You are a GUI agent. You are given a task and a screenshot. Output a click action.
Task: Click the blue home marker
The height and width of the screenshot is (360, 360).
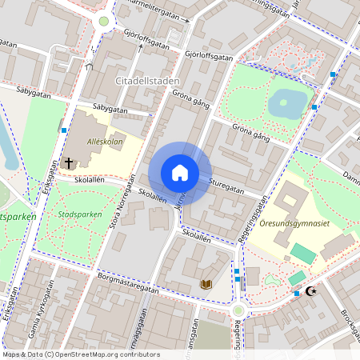(180, 172)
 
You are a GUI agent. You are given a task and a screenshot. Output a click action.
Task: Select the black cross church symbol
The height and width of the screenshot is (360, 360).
(69, 163)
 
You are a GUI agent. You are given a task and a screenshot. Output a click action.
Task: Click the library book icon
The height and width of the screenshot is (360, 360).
(206, 284)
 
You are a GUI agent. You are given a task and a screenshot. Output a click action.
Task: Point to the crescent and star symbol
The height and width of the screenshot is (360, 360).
(311, 292)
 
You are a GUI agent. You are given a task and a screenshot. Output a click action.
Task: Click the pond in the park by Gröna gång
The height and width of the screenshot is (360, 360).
(289, 102)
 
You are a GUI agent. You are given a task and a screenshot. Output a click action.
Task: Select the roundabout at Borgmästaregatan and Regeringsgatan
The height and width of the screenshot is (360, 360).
(238, 310)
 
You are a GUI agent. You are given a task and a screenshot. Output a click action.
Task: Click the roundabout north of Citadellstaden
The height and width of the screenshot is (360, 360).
(103, 22)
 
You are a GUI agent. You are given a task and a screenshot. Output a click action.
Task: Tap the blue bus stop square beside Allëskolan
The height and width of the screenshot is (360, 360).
(63, 130)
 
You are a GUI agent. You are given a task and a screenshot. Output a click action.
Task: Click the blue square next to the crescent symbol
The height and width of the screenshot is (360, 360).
(297, 294)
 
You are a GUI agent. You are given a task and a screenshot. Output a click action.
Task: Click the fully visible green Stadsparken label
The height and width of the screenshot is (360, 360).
(80, 214)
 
